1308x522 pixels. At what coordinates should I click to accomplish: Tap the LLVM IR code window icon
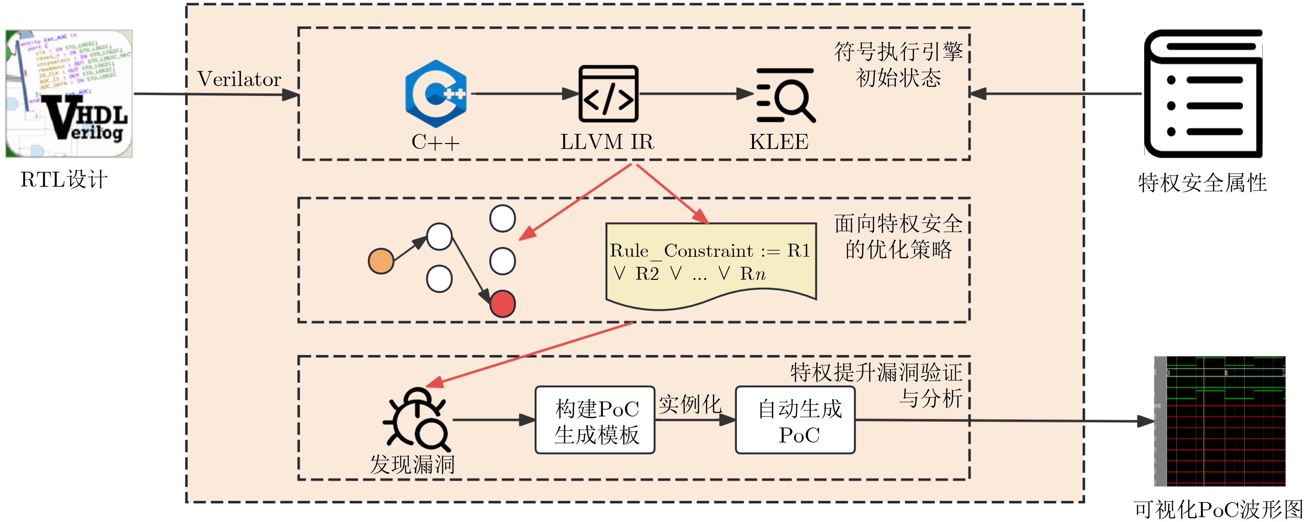(x=608, y=94)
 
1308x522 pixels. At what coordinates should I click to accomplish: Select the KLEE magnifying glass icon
(x=785, y=95)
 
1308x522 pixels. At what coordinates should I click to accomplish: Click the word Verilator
(x=239, y=79)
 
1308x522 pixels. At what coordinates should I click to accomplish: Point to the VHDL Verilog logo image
(x=69, y=94)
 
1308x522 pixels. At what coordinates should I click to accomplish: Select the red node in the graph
(x=502, y=304)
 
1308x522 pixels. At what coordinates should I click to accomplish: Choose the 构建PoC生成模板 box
(x=595, y=420)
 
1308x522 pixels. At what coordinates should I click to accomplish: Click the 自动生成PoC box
(x=795, y=420)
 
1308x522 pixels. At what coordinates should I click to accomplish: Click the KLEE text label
(x=779, y=142)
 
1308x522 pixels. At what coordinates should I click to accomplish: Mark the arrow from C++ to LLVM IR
(x=523, y=94)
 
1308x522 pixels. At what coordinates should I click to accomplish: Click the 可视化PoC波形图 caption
(x=1219, y=509)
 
